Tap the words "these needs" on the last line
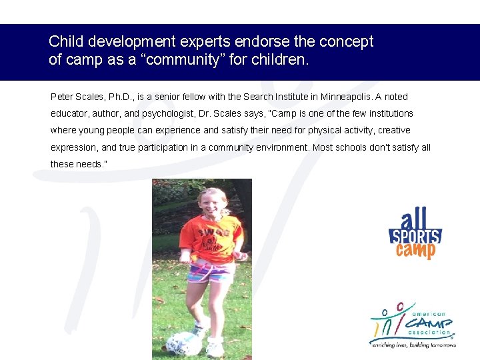point(74,164)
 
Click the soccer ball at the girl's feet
point(183,343)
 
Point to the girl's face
point(213,201)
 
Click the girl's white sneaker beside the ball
point(215,347)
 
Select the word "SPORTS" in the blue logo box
point(415,237)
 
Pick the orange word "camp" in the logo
point(415,251)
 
